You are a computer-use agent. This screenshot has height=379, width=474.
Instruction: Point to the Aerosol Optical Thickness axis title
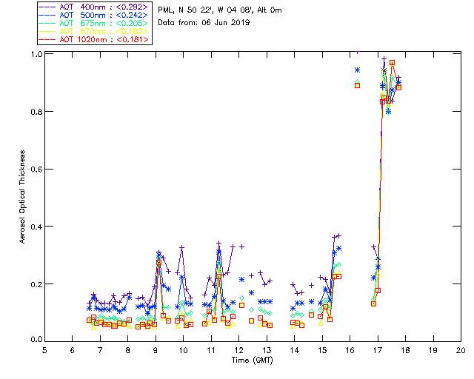coord(22,196)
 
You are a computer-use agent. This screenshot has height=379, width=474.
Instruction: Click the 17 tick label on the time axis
coord(378,350)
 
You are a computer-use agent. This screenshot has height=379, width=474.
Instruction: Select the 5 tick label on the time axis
coord(44,350)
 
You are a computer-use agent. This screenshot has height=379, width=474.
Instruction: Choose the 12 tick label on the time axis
coord(238,350)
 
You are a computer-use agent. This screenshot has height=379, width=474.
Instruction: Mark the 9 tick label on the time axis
coord(156,350)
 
